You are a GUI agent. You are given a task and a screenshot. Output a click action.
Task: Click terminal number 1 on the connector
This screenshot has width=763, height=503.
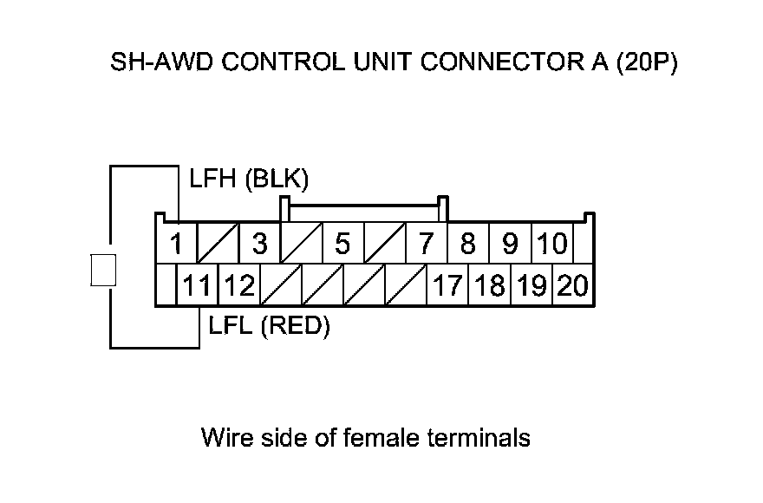pos(176,245)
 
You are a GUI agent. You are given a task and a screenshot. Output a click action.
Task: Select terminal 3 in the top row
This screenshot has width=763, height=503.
pos(259,245)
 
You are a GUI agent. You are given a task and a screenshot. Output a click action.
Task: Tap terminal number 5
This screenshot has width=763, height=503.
pos(342,245)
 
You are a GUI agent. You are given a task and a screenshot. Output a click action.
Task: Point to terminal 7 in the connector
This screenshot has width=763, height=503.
pos(425,245)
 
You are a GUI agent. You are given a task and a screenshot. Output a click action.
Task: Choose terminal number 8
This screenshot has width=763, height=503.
pos(468,245)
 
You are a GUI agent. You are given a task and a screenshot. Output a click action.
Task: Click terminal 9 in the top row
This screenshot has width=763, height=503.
pos(510,245)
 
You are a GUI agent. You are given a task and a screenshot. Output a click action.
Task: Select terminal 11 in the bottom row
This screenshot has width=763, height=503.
pos(198,285)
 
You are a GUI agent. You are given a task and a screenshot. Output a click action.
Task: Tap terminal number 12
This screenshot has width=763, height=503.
pos(239,285)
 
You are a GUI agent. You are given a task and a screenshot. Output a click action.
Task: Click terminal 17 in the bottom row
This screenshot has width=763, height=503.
pos(447,285)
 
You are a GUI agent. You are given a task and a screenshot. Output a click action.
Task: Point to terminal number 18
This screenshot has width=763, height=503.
pos(489,285)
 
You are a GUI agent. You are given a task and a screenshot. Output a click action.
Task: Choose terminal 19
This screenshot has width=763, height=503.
pos(531,285)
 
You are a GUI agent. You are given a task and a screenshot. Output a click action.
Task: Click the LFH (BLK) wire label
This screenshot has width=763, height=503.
pos(249,180)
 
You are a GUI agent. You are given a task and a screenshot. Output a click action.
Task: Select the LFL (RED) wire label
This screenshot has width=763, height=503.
pos(270,327)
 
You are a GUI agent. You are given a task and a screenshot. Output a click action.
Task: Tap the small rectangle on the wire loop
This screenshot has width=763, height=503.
pos(103,270)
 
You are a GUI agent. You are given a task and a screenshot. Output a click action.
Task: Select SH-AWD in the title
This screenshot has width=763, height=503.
pos(151,64)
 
